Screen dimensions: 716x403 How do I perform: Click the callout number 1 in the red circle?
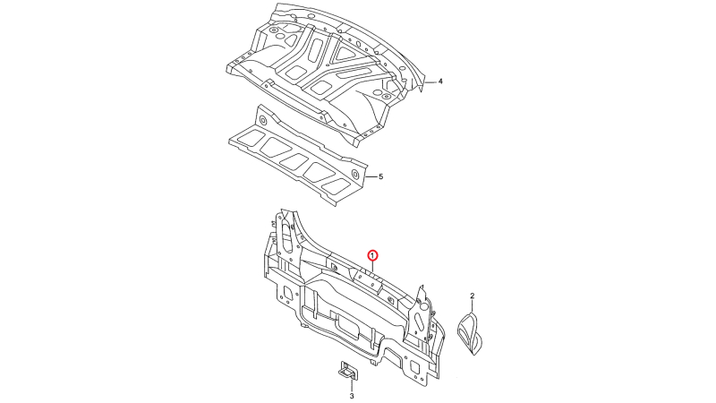click(372, 254)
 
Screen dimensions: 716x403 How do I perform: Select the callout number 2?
click(473, 296)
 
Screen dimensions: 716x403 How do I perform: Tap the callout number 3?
click(352, 396)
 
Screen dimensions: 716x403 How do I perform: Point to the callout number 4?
click(440, 81)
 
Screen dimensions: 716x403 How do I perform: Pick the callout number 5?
click(381, 176)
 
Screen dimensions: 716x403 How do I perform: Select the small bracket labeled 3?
click(348, 371)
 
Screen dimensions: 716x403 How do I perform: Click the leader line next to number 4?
click(430, 81)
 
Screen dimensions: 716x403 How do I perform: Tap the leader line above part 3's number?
click(352, 384)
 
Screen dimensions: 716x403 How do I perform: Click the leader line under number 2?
click(473, 306)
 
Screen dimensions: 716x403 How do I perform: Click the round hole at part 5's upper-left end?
click(263, 121)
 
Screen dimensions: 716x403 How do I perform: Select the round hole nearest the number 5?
click(355, 174)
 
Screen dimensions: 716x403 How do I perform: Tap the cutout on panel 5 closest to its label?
click(335, 184)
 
